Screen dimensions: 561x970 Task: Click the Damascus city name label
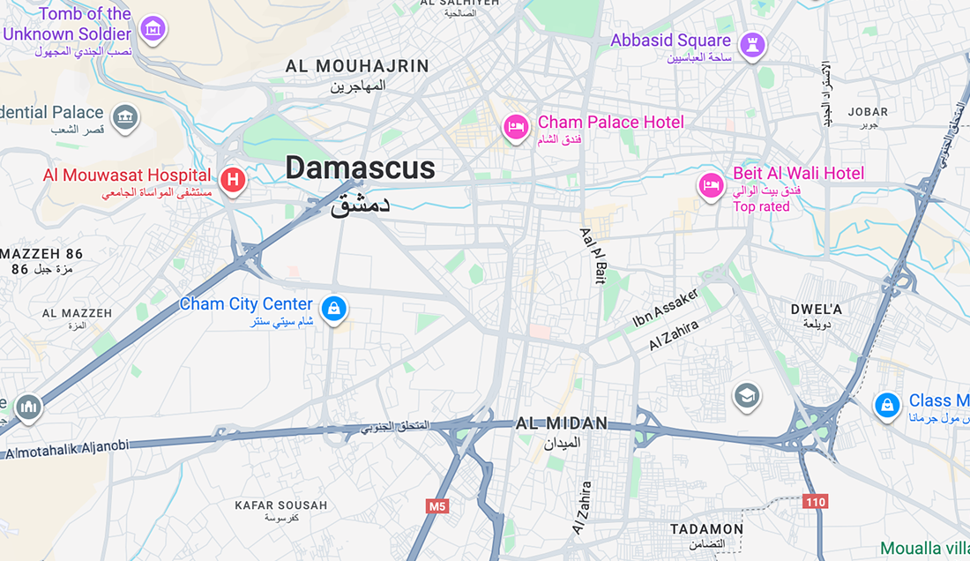(x=360, y=168)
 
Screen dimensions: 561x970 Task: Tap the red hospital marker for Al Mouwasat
(x=232, y=180)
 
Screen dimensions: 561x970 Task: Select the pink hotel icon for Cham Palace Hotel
(x=516, y=127)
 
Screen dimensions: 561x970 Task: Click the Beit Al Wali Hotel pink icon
(x=711, y=185)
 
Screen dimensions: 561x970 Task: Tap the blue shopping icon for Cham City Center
(x=334, y=308)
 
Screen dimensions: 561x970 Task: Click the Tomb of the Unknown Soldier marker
(x=154, y=28)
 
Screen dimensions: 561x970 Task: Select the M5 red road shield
(x=437, y=506)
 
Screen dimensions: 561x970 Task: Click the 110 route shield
(x=816, y=502)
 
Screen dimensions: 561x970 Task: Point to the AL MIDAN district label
(x=562, y=424)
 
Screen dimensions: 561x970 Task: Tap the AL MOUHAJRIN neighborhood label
(x=357, y=66)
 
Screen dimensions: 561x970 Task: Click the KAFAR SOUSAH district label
(x=280, y=505)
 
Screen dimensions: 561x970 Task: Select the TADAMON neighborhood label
(x=706, y=529)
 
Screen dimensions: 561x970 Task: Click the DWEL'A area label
(x=816, y=310)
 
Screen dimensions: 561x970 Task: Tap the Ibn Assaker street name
(x=666, y=308)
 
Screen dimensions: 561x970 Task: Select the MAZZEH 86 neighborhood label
(x=41, y=255)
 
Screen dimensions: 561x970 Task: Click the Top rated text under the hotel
(x=761, y=207)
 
